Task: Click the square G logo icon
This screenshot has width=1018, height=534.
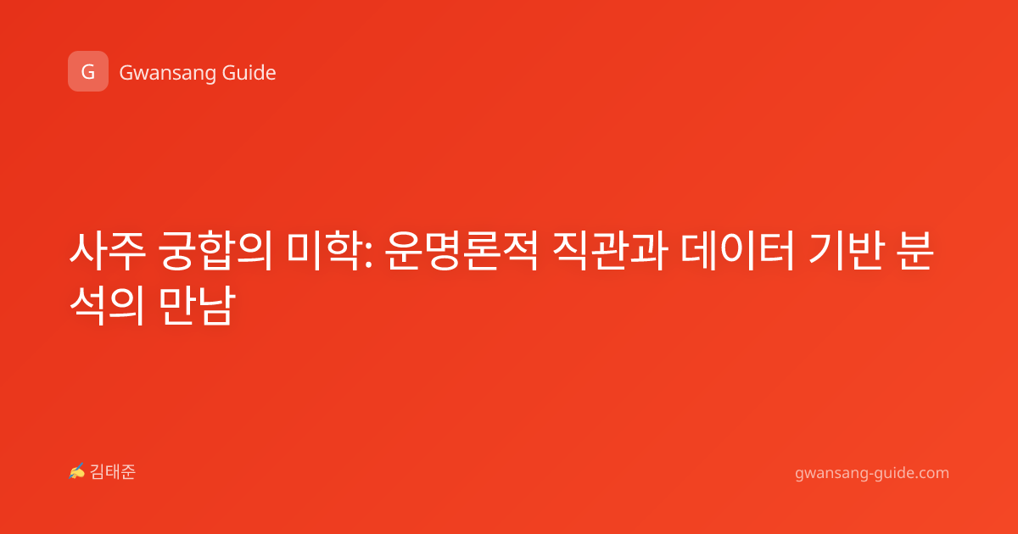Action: click(x=88, y=71)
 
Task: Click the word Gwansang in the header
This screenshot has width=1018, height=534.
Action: click(x=166, y=73)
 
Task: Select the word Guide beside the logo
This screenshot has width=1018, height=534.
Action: click(x=249, y=72)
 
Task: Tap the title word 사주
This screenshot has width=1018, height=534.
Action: click(x=108, y=251)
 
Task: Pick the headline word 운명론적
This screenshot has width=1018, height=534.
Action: click(x=461, y=251)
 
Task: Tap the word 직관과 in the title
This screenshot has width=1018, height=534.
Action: click(x=610, y=251)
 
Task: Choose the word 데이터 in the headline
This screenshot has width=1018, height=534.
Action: click(x=737, y=251)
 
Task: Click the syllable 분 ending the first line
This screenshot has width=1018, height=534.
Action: click(x=915, y=251)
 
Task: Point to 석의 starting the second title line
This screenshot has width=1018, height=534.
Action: click(x=107, y=306)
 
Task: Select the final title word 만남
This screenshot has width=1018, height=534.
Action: click(x=197, y=306)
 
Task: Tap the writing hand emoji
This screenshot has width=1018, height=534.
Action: click(x=77, y=471)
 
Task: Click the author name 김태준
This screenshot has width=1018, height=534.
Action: click(x=113, y=472)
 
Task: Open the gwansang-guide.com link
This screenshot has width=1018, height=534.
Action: click(x=872, y=473)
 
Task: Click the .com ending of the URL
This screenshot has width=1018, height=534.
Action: click(x=931, y=473)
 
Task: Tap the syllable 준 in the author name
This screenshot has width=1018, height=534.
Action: click(x=128, y=472)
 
